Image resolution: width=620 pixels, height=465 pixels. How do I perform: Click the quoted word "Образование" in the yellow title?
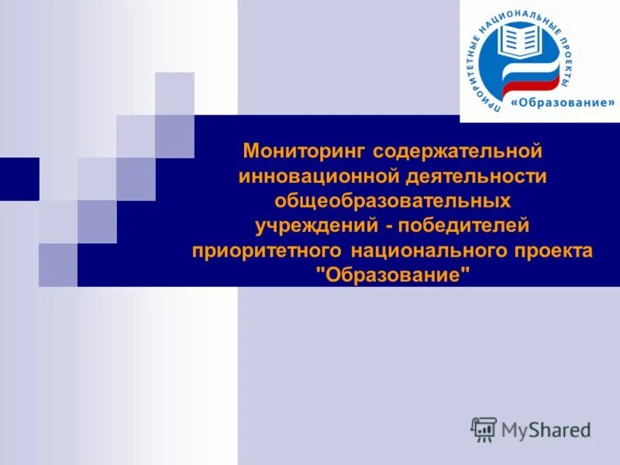(x=393, y=277)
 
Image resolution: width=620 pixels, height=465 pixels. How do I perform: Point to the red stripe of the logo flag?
(x=535, y=84)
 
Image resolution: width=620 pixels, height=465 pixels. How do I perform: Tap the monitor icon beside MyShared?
(x=484, y=429)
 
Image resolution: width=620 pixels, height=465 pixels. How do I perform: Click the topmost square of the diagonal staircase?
(x=174, y=93)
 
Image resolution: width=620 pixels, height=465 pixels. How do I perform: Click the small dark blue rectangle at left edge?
(x=19, y=178)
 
